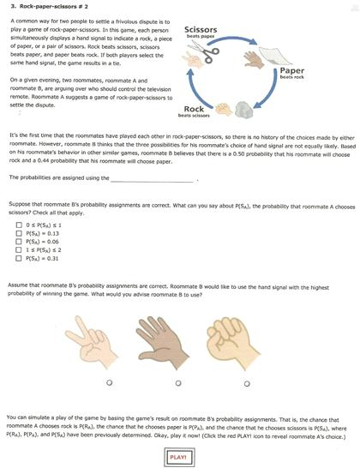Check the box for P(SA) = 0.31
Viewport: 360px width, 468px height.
[18, 257]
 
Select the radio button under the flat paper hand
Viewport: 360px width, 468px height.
[177, 381]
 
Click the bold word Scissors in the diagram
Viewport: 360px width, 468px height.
[201, 30]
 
